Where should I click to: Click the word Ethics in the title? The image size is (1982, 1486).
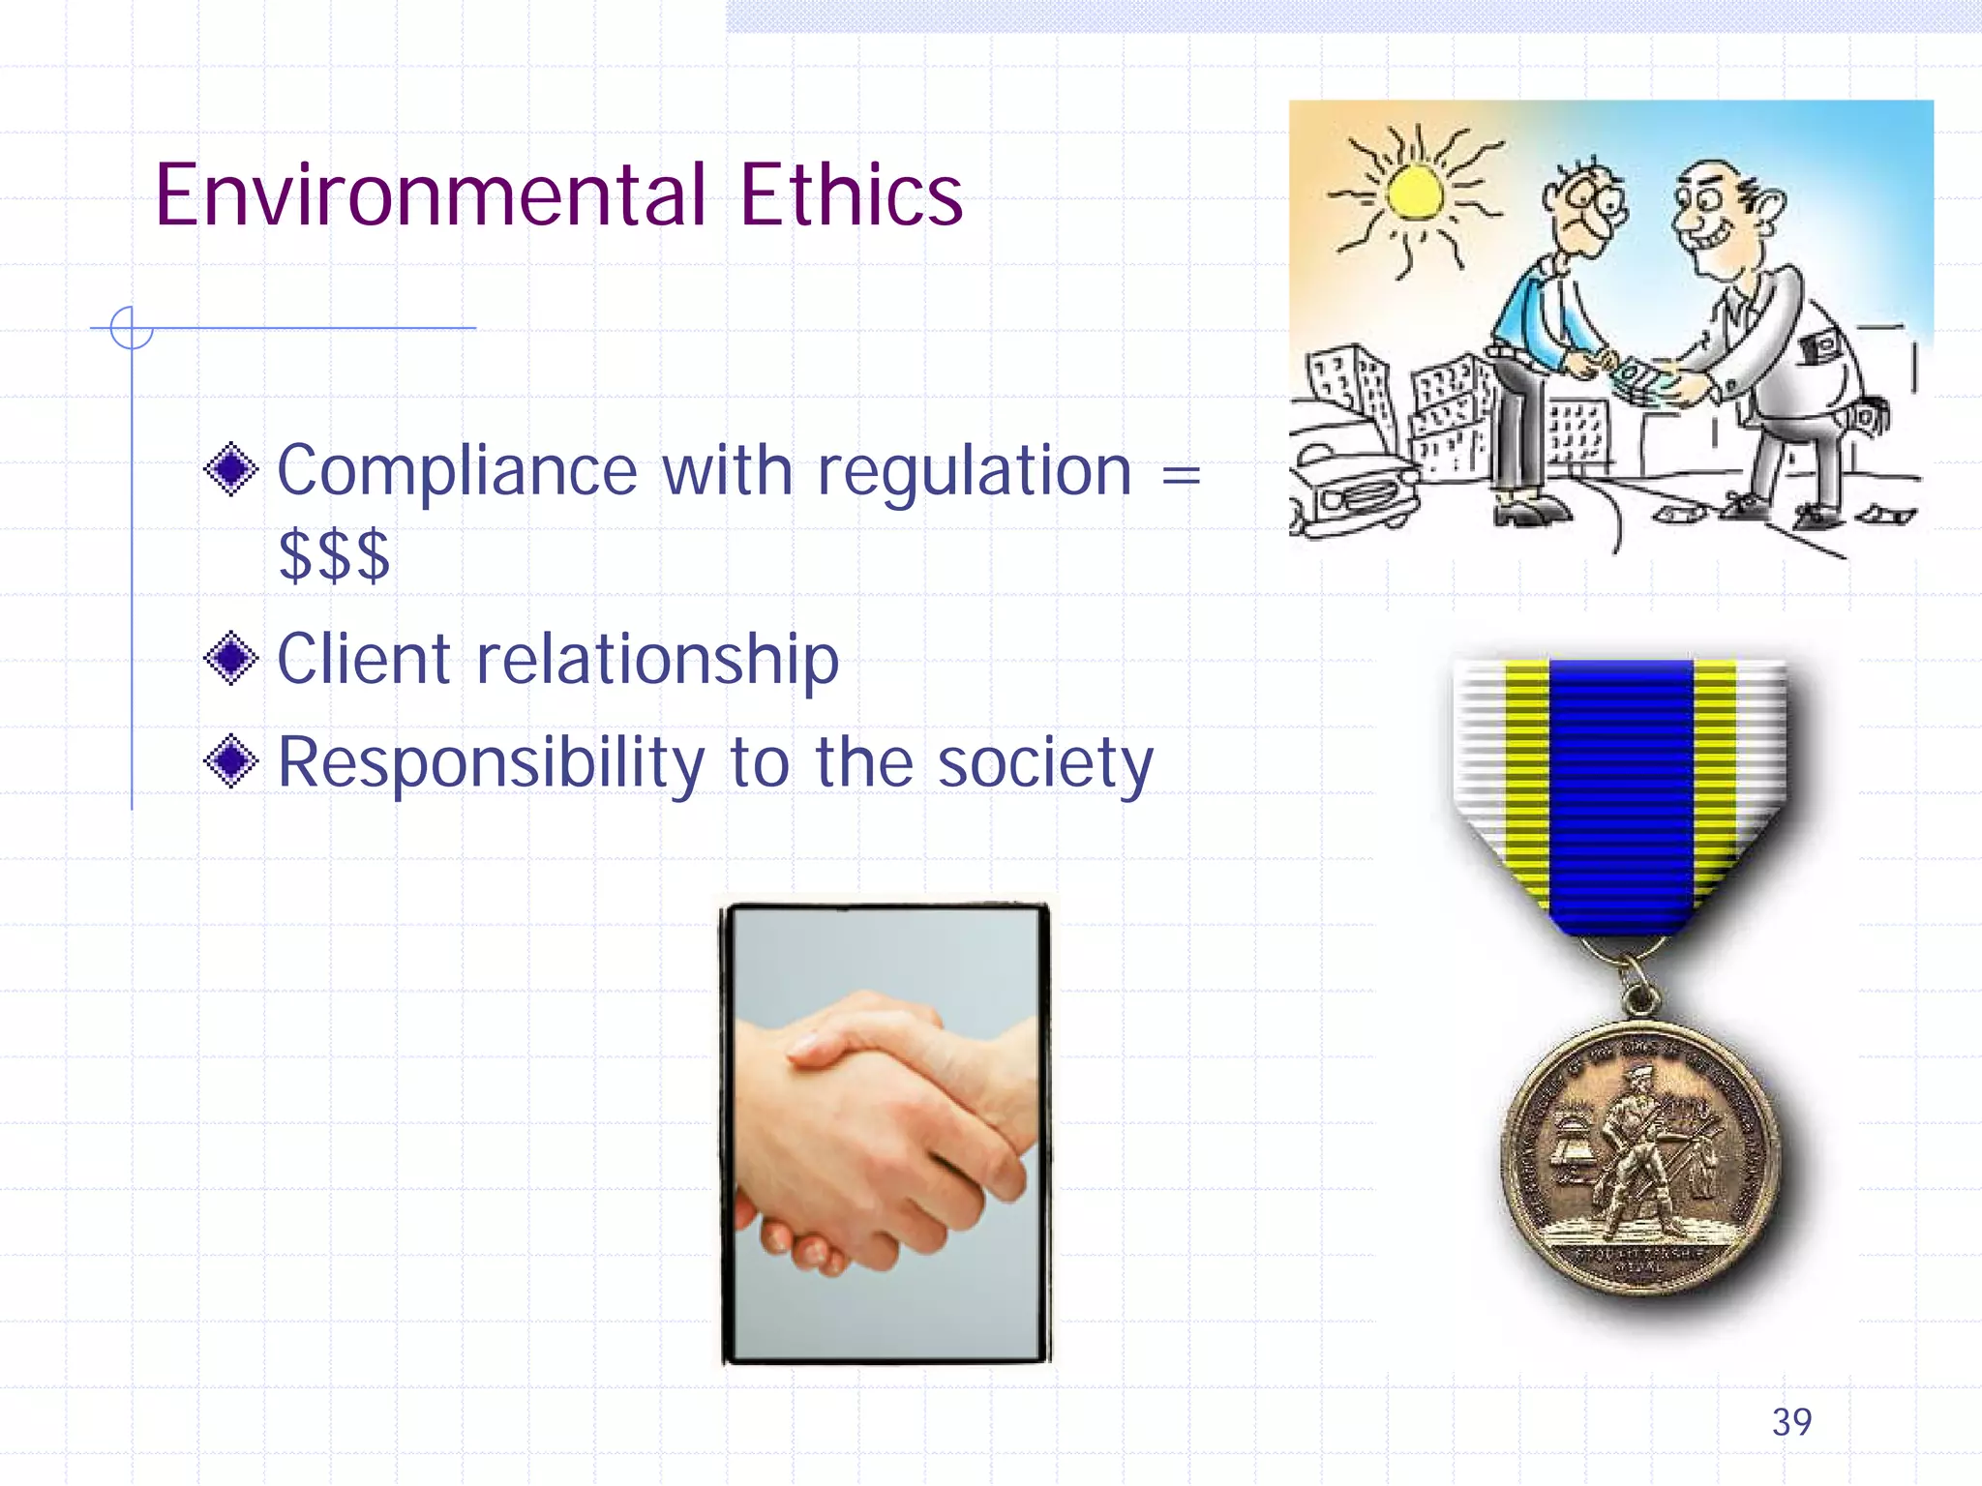point(851,195)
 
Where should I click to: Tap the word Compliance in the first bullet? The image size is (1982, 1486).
point(457,471)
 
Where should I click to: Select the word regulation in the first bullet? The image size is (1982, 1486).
point(974,473)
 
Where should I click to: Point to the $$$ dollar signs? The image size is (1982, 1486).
point(334,555)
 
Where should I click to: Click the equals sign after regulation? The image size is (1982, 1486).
point(1181,475)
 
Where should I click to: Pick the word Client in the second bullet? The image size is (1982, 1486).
point(364,659)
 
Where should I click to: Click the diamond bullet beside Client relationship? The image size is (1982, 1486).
point(231,659)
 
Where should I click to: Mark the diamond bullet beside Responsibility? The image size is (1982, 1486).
point(231,761)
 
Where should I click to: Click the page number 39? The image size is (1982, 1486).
point(1791,1422)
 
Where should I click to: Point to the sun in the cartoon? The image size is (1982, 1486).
point(1415,193)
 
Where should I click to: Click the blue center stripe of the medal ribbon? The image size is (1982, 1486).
point(1621,793)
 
